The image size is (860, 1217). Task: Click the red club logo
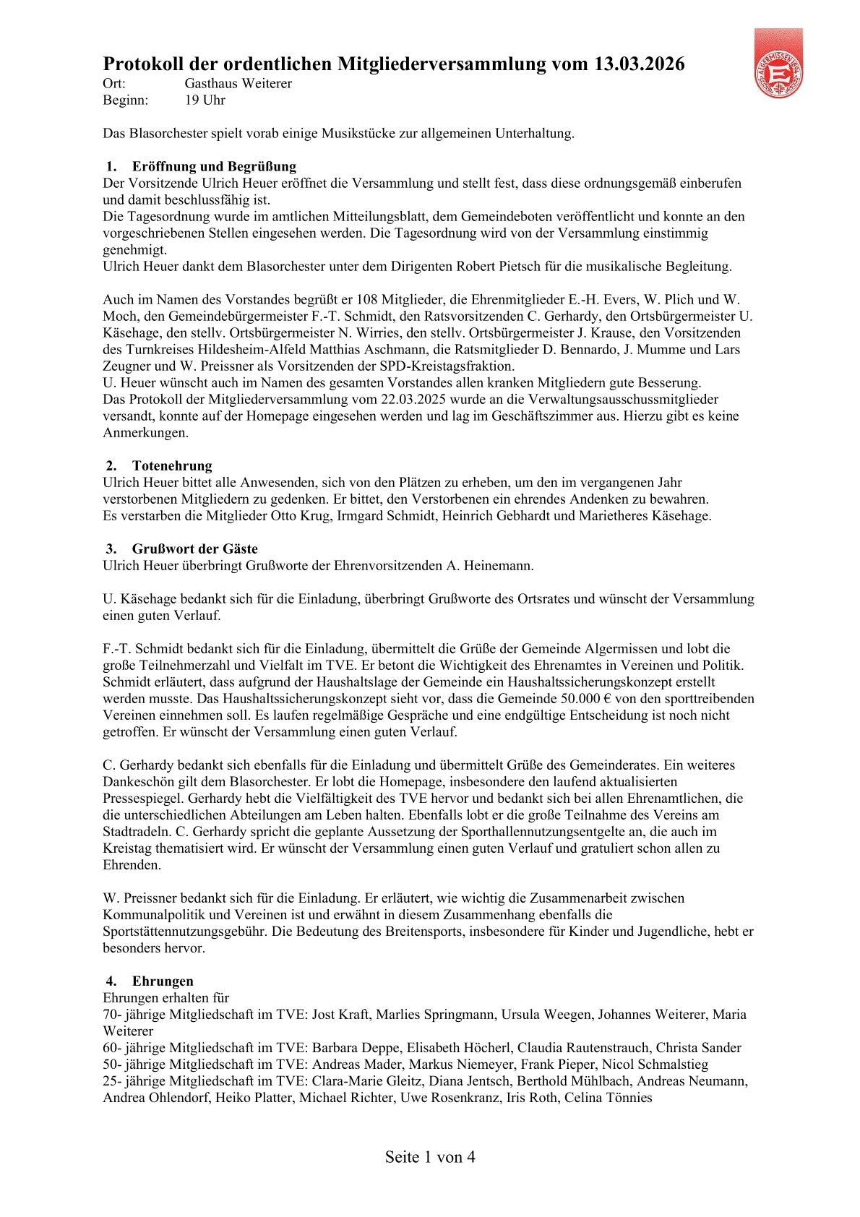(778, 64)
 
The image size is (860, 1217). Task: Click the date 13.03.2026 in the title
(639, 64)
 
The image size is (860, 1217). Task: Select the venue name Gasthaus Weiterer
(238, 84)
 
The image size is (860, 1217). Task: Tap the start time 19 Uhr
(205, 100)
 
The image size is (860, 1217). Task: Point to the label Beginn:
(126, 100)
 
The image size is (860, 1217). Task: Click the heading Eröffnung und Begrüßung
(214, 167)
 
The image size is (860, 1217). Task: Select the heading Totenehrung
(172, 465)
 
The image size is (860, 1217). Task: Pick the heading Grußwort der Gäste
(194, 549)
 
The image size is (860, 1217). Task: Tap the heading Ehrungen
(163, 981)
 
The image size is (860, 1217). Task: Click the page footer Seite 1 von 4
(430, 1157)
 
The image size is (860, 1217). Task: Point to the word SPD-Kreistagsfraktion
(450, 366)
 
